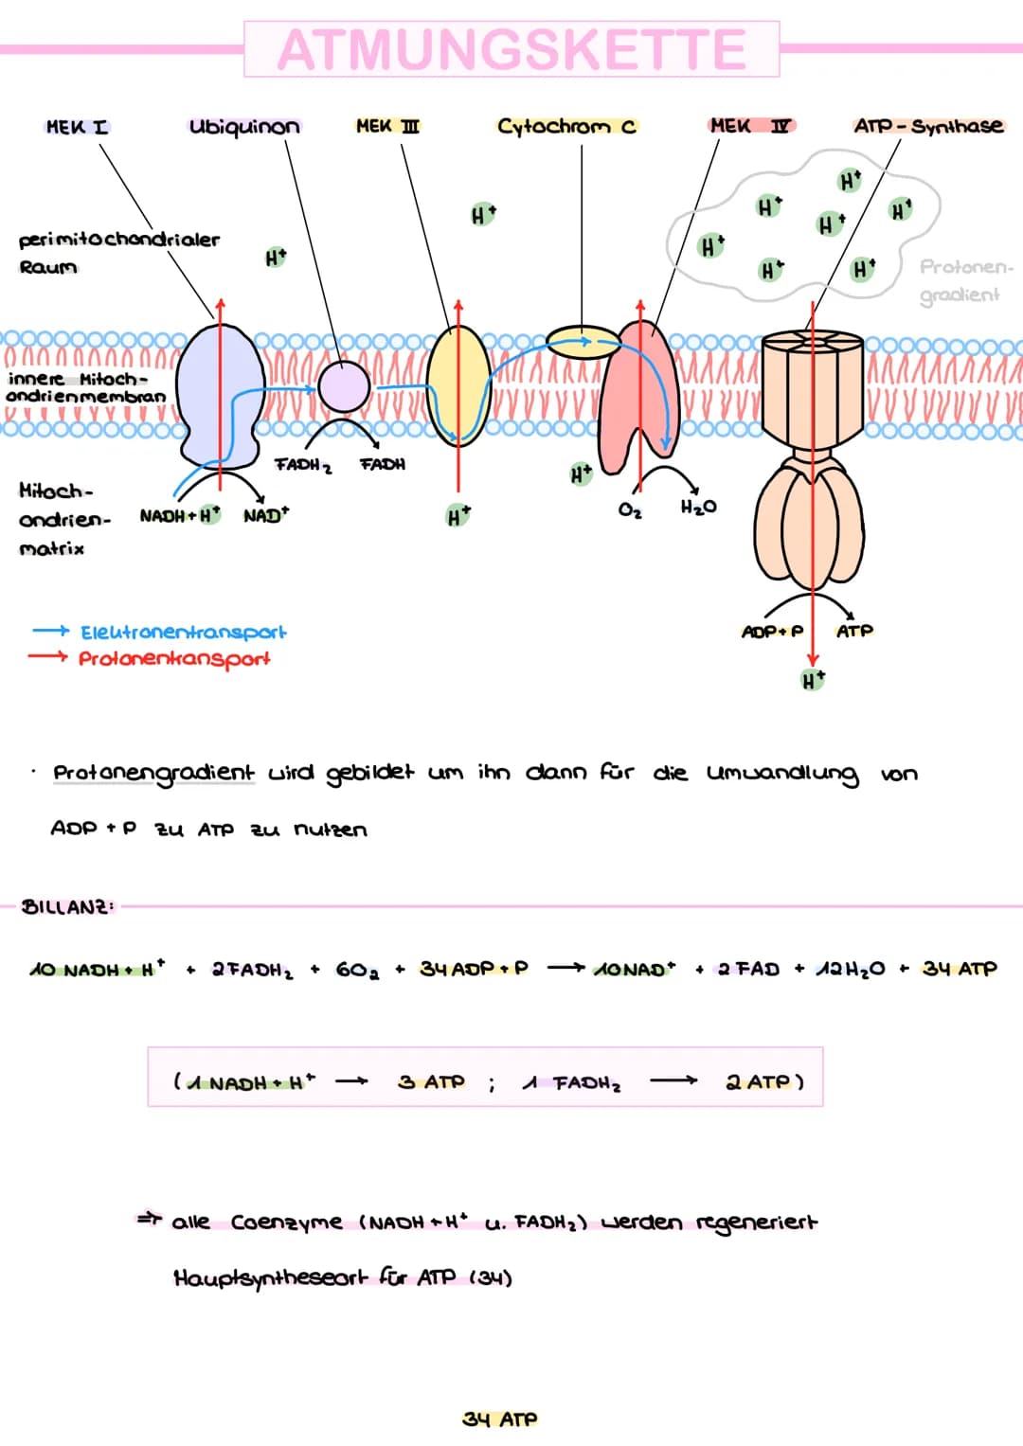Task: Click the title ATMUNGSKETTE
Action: pos(512,49)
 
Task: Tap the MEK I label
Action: pos(78,127)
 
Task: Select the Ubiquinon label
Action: pos(244,127)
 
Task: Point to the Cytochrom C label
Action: pos(567,127)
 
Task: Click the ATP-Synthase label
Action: pos(928,126)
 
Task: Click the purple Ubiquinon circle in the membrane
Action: pos(344,387)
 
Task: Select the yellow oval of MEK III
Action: pos(458,386)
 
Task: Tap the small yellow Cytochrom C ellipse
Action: pos(583,342)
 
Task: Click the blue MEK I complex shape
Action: pos(221,395)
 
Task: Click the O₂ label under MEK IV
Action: pos(630,510)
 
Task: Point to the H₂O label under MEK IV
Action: pos(698,508)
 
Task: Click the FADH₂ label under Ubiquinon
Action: pos(303,466)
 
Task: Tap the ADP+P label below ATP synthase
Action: pos(772,632)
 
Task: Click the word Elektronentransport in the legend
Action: pos(184,632)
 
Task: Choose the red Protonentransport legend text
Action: pos(174,659)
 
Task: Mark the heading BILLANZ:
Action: pos(68,907)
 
